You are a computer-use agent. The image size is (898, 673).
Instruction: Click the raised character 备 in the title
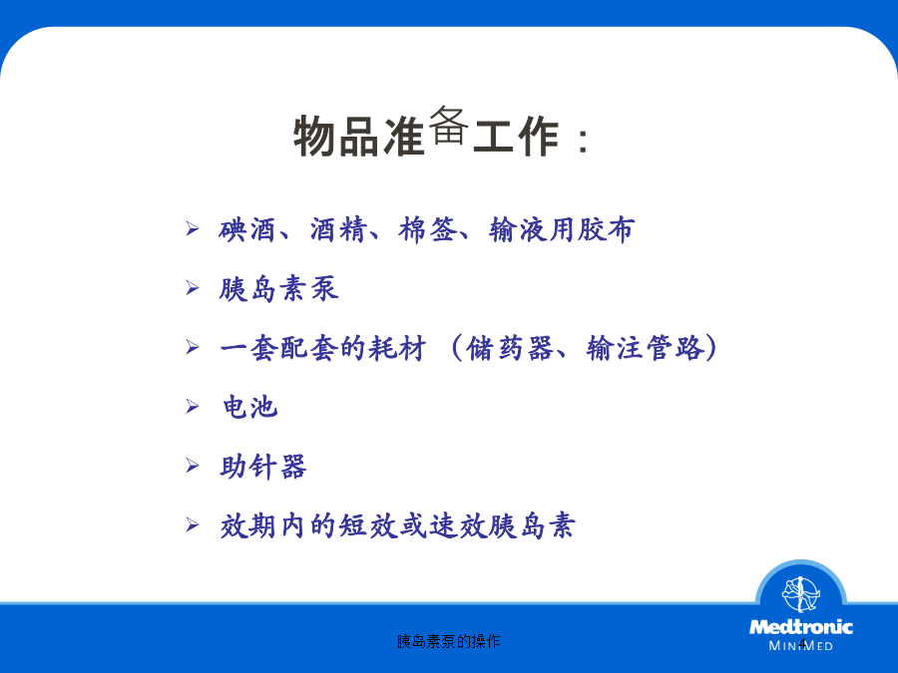(x=448, y=125)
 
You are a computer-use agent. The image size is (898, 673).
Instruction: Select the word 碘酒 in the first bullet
(x=246, y=230)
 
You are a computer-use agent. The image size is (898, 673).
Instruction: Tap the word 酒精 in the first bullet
(x=338, y=230)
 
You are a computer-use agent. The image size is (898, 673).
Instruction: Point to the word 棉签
(x=428, y=230)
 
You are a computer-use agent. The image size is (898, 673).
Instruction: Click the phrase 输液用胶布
(x=562, y=230)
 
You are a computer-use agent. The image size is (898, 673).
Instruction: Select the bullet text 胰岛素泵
(x=279, y=289)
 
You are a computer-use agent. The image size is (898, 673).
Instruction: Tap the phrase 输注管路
(x=645, y=348)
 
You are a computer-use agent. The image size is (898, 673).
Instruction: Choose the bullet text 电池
(x=249, y=408)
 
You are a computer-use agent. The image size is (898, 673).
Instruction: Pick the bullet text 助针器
(x=263, y=467)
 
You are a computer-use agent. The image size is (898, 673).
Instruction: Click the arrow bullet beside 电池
(x=193, y=407)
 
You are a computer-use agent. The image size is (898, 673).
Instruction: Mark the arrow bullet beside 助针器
(x=193, y=466)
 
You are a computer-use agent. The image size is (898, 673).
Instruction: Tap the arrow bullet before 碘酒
(x=193, y=229)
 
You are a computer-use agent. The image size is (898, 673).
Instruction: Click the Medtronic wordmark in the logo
(x=800, y=627)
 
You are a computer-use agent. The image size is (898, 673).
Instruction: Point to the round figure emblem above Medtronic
(x=800, y=594)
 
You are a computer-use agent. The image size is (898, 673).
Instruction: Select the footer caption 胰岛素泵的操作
(x=448, y=641)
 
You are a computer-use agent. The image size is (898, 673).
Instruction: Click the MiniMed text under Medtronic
(x=800, y=646)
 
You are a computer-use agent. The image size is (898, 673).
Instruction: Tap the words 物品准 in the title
(x=359, y=137)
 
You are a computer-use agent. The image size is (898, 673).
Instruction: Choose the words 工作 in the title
(x=516, y=137)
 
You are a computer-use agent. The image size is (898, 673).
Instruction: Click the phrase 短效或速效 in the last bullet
(x=412, y=525)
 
